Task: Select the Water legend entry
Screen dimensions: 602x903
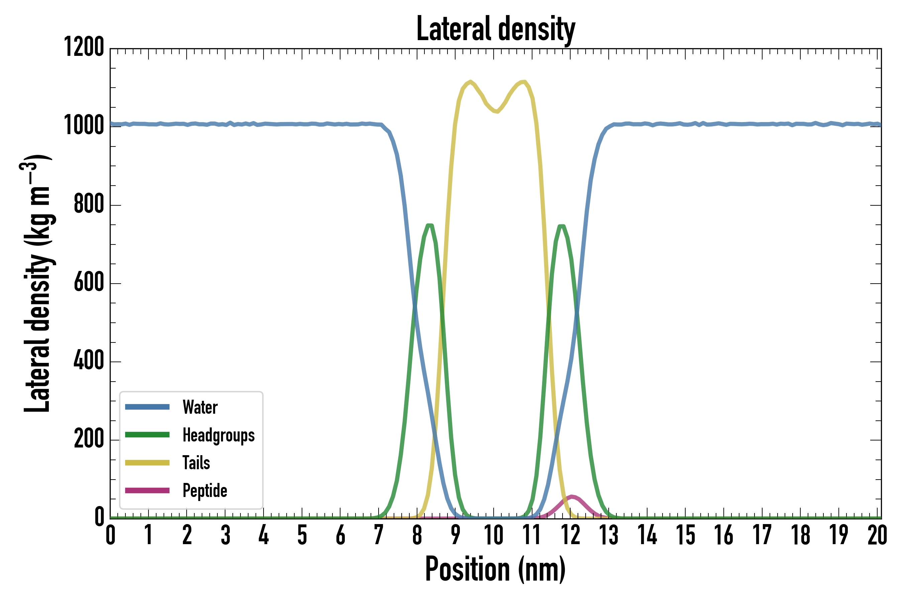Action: (200, 407)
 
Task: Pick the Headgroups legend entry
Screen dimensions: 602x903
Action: (218, 435)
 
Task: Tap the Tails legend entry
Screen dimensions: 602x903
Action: (196, 463)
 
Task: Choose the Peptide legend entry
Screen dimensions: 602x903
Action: (205, 490)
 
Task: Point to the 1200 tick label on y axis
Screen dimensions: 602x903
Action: (84, 47)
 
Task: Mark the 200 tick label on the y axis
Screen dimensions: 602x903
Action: (89, 438)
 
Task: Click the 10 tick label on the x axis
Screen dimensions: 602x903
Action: (493, 535)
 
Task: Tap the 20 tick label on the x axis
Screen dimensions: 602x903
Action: (877, 535)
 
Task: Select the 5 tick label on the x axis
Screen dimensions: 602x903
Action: (302, 535)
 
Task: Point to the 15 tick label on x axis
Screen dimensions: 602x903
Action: (685, 535)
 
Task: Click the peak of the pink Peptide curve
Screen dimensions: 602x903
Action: (572, 497)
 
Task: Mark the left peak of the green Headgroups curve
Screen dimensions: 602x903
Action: (430, 225)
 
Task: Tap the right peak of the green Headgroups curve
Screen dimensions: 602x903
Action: (562, 226)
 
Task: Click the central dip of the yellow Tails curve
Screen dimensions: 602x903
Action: (497, 111)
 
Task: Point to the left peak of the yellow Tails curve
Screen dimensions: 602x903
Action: (470, 81)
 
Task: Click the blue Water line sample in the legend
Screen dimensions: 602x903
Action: (147, 407)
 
